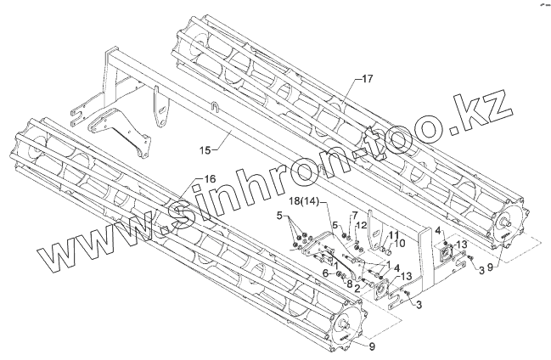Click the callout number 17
366,79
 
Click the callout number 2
357,289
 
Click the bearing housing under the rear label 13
447,250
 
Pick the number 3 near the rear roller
481,269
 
